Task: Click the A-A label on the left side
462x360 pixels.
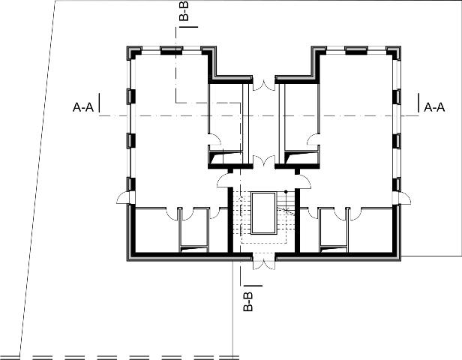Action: [x=83, y=107]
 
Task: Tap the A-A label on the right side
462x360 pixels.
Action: [x=434, y=107]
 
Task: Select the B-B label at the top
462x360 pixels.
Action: [x=184, y=11]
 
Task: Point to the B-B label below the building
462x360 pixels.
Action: [x=248, y=301]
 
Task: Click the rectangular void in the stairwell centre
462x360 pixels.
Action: [x=264, y=213]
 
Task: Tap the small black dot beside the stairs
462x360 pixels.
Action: [x=286, y=192]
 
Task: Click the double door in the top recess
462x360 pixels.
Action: [x=264, y=85]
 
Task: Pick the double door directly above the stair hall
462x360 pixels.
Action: [x=264, y=162]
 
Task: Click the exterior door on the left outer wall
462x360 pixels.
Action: [x=123, y=197]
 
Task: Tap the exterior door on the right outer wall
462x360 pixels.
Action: [x=404, y=197]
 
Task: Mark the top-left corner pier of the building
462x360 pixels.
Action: [x=133, y=52]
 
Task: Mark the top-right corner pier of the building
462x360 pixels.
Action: [x=394, y=52]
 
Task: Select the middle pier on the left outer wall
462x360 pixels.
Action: [x=131, y=140]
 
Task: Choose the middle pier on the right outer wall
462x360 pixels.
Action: [x=397, y=140]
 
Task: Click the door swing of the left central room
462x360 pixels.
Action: [x=214, y=139]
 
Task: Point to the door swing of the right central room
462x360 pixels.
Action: [x=313, y=139]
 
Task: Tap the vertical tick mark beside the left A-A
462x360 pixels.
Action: [x=99, y=103]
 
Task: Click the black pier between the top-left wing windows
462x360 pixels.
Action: [x=171, y=51]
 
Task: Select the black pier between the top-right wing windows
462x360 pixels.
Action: [x=356, y=51]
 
